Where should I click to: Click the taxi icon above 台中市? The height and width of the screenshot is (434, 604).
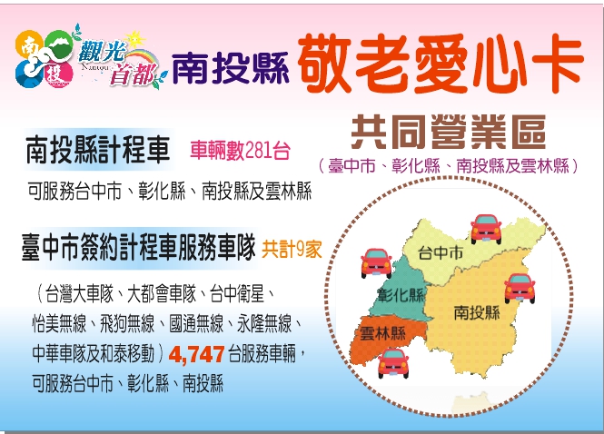click(486, 227)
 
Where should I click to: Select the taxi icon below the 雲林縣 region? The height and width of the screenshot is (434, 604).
click(392, 362)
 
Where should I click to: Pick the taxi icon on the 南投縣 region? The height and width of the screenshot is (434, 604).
click(520, 287)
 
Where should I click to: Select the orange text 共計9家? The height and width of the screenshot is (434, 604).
click(292, 245)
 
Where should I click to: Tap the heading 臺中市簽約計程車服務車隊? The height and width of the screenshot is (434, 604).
click(137, 245)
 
